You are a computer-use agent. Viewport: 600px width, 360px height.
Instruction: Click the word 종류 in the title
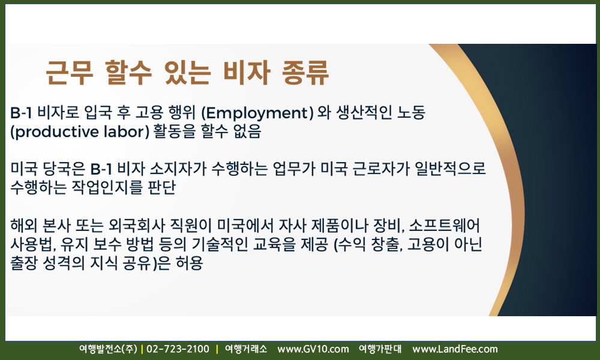[305, 73]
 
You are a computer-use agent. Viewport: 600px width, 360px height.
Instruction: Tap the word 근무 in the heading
[69, 73]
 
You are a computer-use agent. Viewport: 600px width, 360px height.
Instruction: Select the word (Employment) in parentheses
[257, 112]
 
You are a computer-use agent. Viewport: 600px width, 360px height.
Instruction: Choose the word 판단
[161, 187]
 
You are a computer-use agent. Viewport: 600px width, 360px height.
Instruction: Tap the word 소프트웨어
[444, 226]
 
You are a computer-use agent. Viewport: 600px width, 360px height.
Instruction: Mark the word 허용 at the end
[189, 263]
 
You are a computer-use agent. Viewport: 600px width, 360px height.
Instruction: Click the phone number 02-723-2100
[178, 349]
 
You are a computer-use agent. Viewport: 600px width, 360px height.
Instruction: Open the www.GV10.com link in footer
[313, 349]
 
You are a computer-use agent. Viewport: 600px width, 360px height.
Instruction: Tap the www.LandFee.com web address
[455, 349]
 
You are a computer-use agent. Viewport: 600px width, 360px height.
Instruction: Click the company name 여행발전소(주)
[108, 349]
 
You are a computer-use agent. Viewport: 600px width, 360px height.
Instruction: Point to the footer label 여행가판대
[380, 349]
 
